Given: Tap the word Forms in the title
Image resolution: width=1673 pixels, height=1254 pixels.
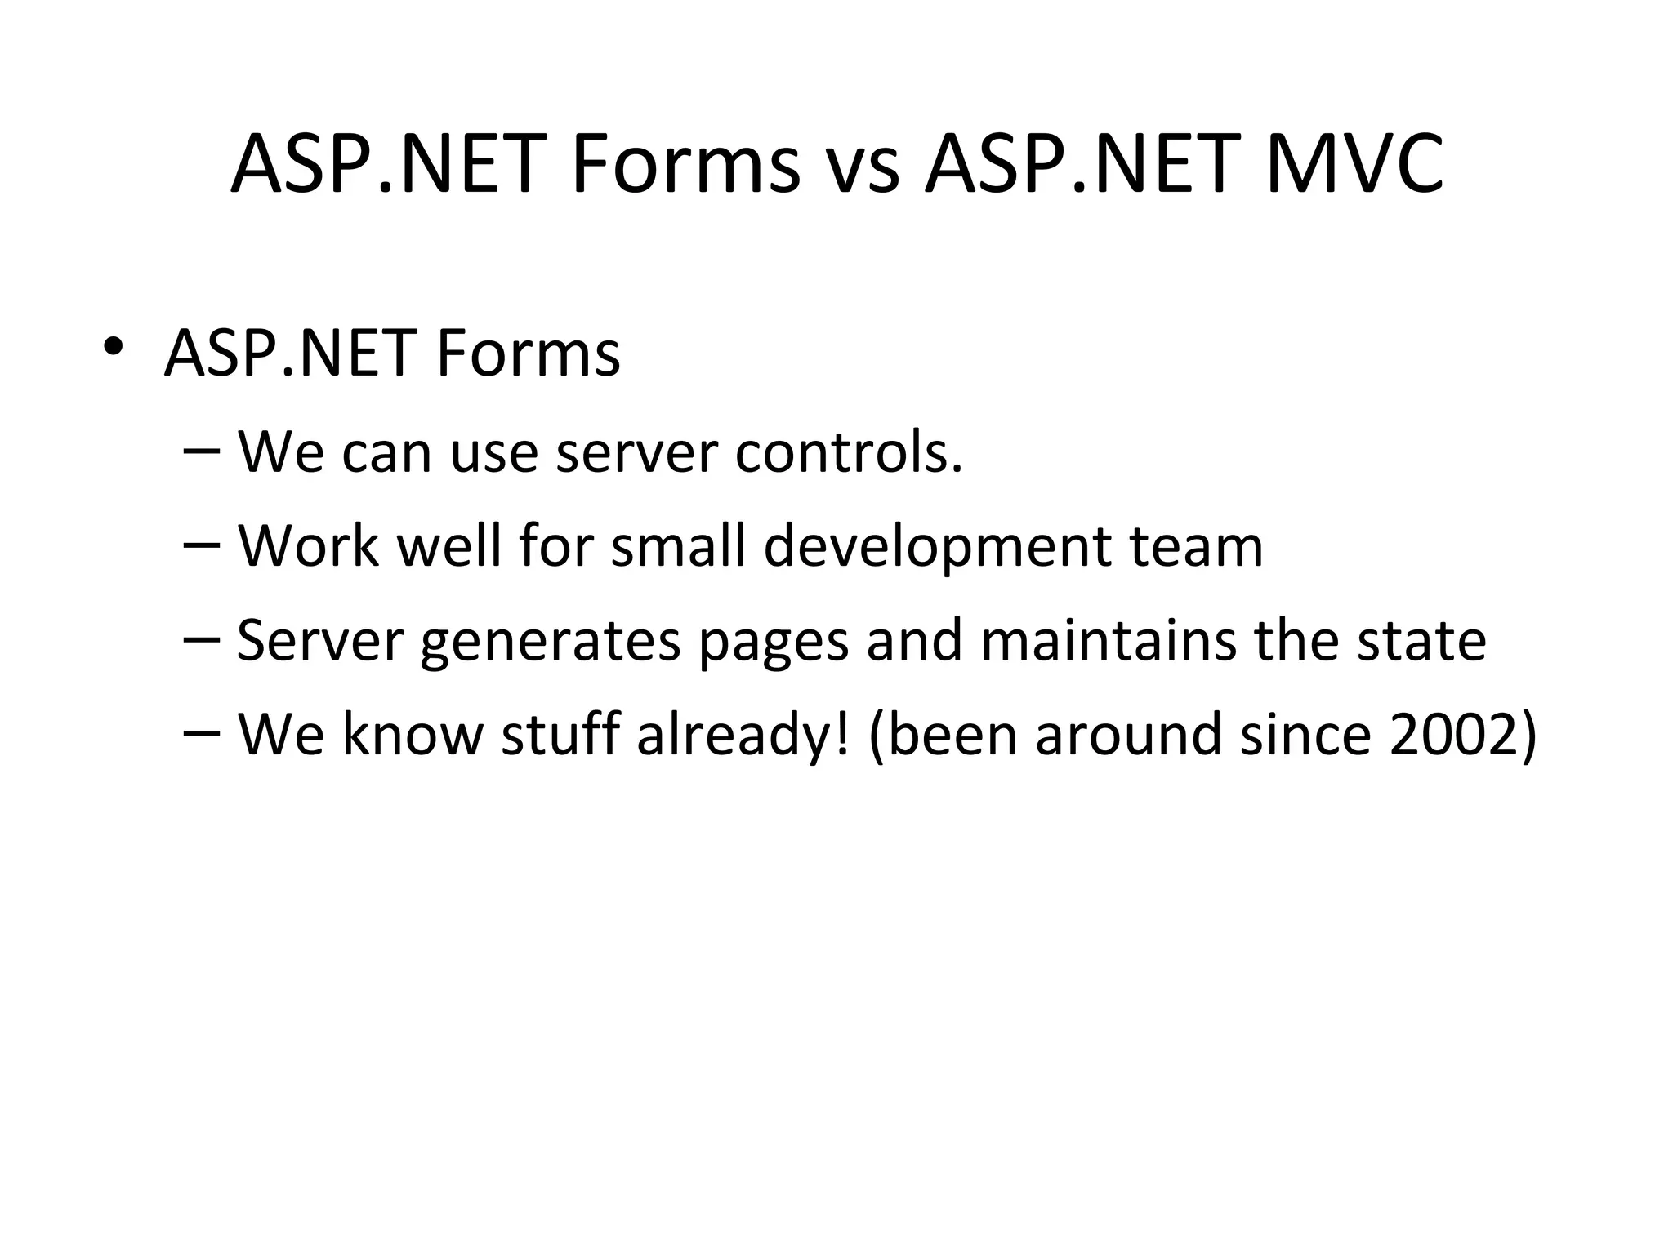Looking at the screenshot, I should tap(685, 166).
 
